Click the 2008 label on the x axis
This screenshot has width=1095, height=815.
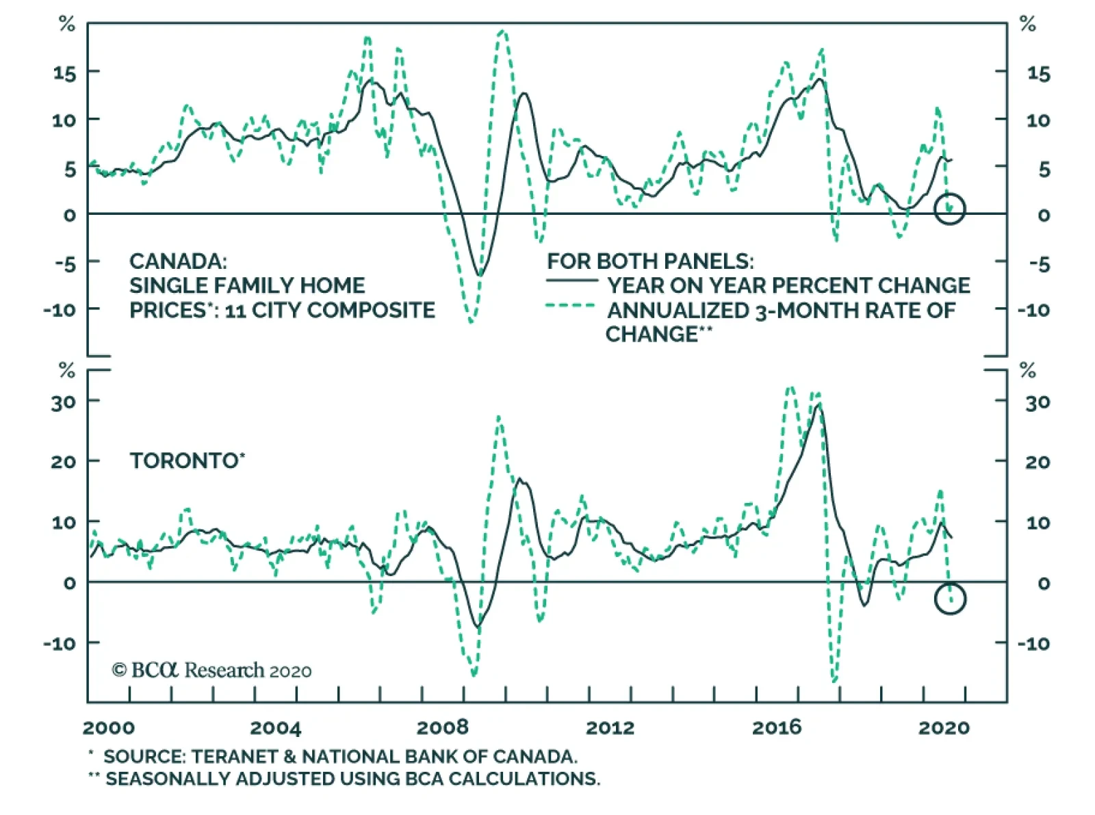(x=442, y=727)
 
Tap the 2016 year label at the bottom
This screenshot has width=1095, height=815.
(x=777, y=727)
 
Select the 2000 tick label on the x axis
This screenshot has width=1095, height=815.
(x=109, y=727)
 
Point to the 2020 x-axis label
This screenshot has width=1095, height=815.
(x=944, y=727)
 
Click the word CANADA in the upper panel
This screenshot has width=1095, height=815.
(x=176, y=261)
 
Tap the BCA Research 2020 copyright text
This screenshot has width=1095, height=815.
(x=211, y=671)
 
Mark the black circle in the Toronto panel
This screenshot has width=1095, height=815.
(x=949, y=599)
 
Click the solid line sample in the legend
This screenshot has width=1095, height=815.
(x=571, y=281)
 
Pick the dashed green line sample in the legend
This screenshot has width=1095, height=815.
(x=571, y=306)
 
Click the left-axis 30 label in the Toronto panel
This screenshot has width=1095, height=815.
(x=63, y=402)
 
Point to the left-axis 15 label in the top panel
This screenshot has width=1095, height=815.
(x=65, y=73)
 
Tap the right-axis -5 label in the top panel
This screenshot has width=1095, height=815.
(x=1038, y=264)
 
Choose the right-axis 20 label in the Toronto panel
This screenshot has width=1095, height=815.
(x=1038, y=463)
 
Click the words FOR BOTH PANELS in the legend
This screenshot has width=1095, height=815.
(x=649, y=261)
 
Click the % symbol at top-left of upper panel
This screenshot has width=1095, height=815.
(x=66, y=25)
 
